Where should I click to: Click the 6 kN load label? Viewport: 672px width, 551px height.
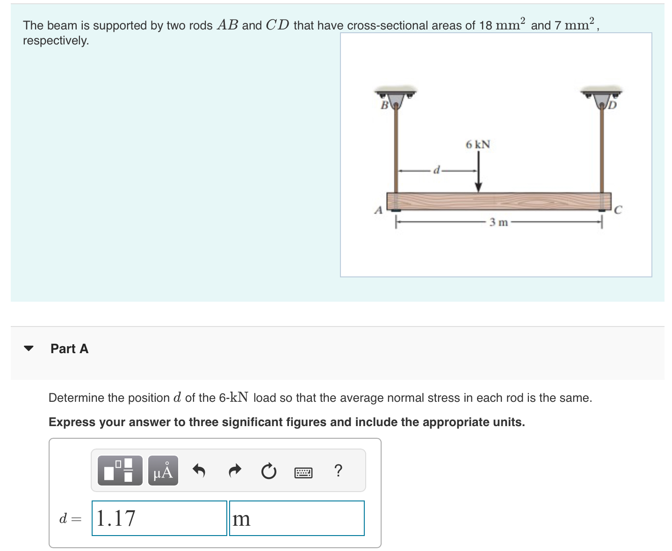477,145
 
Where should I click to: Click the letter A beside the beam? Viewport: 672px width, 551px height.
378,210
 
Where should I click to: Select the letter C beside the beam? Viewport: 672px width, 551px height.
617,210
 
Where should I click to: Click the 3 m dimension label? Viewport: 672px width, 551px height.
499,223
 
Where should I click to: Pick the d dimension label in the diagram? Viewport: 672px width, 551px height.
436,170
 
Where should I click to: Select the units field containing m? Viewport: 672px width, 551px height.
296,518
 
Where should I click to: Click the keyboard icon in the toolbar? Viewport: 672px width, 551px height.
303,472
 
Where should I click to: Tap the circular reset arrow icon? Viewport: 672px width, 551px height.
268,471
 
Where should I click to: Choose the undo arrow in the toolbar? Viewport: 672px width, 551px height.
200,471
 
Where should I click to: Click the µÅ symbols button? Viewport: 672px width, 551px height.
163,471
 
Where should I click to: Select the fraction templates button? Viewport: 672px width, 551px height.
120,471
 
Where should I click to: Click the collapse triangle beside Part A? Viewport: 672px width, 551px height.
29,348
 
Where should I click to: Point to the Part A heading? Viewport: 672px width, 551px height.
69,348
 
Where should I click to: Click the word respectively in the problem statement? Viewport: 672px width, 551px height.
56,41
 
